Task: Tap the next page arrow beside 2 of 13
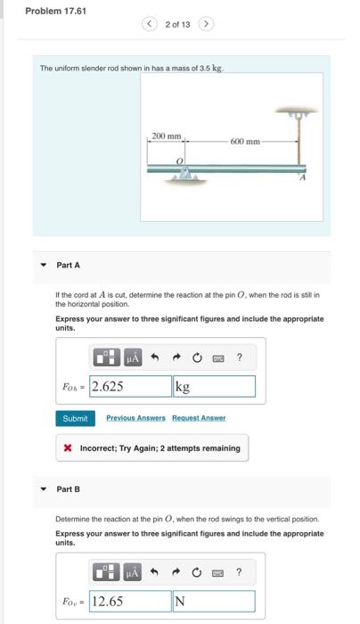(x=206, y=23)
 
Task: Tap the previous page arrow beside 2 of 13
(x=151, y=23)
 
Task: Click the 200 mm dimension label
(x=166, y=136)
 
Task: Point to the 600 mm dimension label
(x=245, y=143)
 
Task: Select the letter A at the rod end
(x=301, y=178)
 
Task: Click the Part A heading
(x=69, y=265)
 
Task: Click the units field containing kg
(x=214, y=386)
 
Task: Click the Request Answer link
(x=199, y=417)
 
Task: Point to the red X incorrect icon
(x=68, y=447)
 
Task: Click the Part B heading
(x=69, y=489)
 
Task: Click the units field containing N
(x=214, y=601)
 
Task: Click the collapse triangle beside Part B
(x=43, y=489)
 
